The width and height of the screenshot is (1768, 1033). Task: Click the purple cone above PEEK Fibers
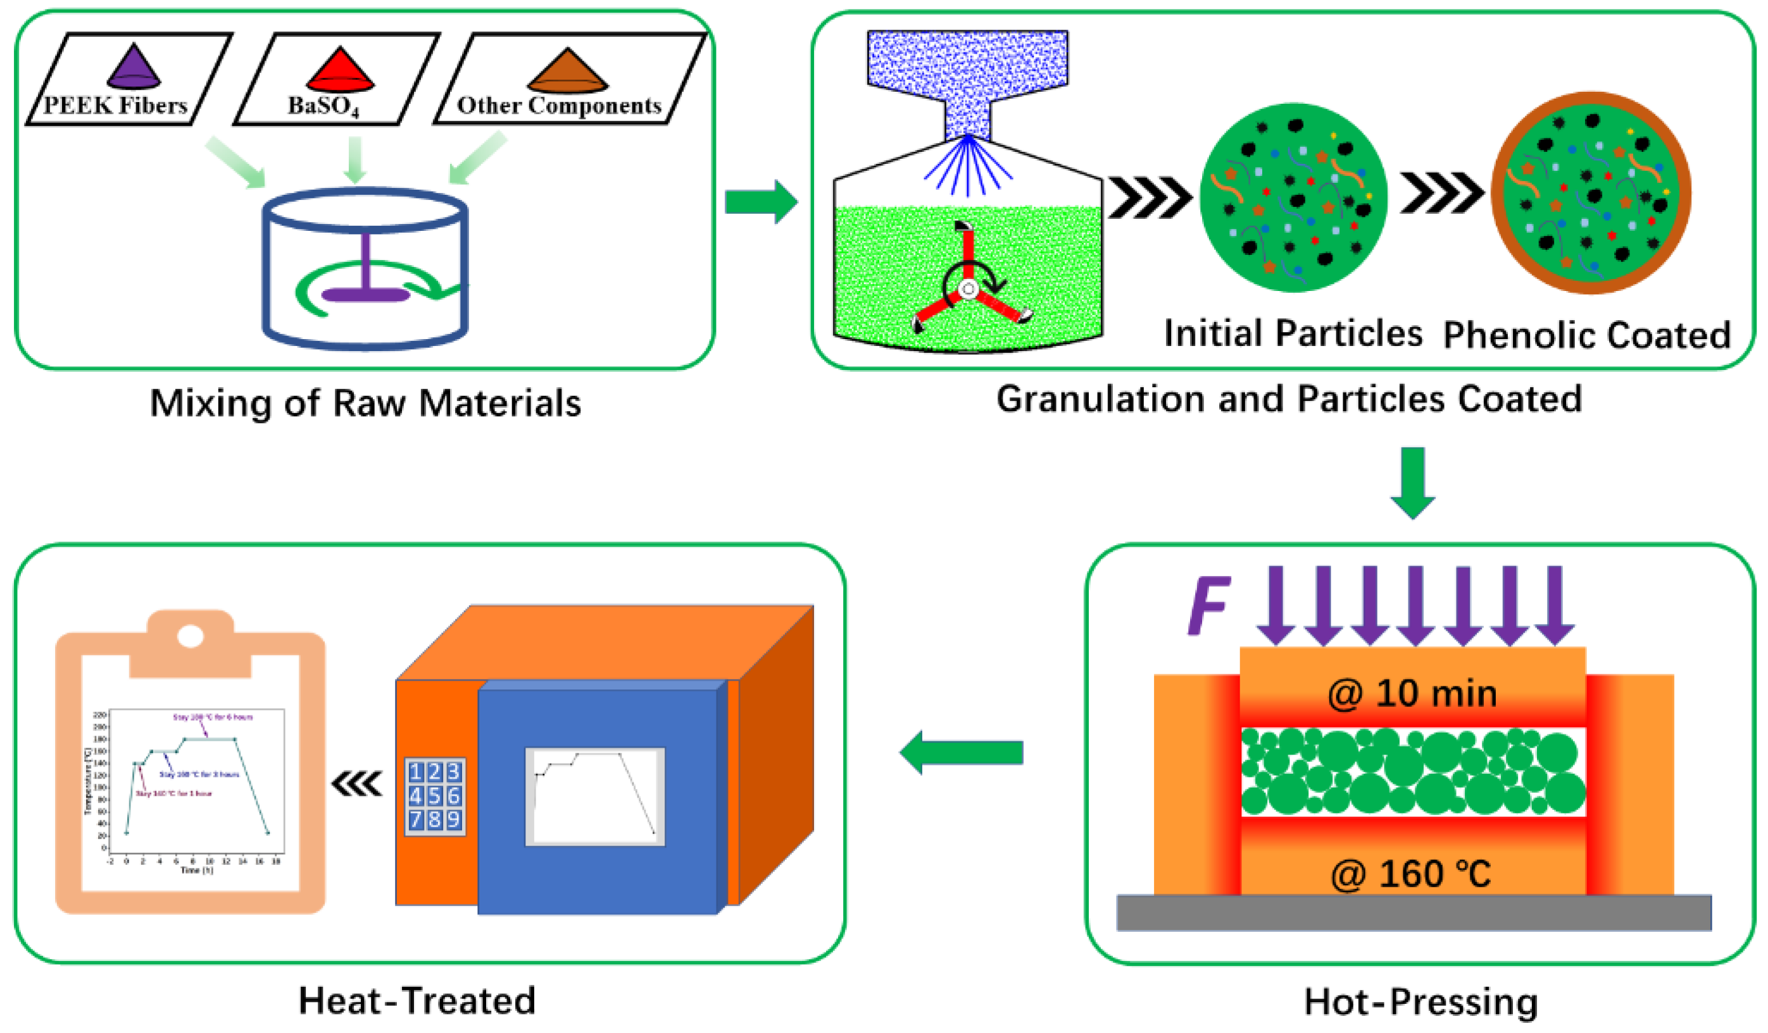tap(134, 68)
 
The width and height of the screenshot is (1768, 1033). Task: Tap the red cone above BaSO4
tap(341, 71)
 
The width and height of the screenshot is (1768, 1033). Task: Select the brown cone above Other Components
tap(567, 72)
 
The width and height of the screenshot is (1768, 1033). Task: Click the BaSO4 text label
tap(323, 106)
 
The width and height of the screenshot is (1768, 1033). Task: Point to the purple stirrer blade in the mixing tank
tap(365, 294)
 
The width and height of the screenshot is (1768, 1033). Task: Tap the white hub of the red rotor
tap(969, 289)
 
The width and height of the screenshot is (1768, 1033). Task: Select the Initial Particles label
tap(1293, 333)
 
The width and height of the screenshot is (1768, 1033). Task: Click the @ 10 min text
tap(1412, 693)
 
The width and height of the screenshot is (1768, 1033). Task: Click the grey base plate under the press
tap(1413, 912)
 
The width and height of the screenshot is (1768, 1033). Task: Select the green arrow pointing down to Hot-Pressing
tap(1412, 483)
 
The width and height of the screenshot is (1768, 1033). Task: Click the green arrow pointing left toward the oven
tap(961, 753)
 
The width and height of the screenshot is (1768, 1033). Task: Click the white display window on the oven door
tap(594, 796)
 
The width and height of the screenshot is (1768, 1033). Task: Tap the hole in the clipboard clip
tap(190, 636)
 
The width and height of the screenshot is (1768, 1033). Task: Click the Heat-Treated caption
tap(417, 1001)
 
